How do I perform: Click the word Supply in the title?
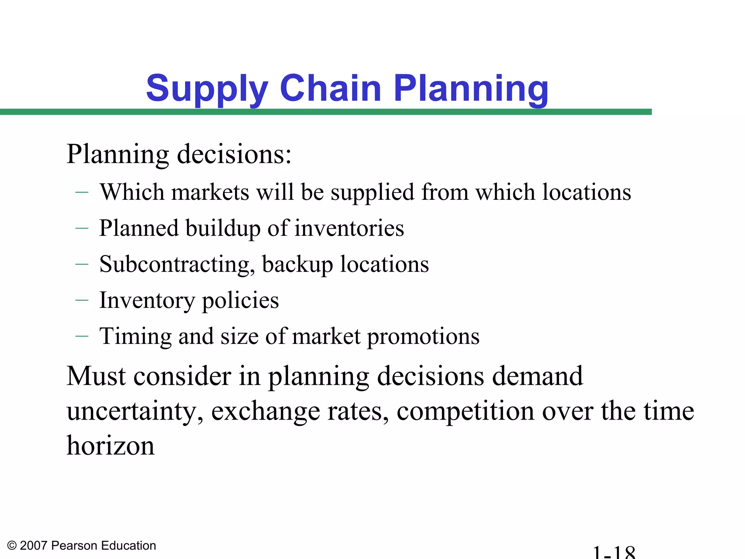pyautogui.click(x=207, y=89)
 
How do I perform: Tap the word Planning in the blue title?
pyautogui.click(x=471, y=89)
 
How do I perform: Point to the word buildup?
pyautogui.click(x=223, y=229)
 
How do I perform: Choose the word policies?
pyautogui.click(x=240, y=301)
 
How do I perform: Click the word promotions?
pyautogui.click(x=423, y=337)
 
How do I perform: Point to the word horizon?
pyautogui.click(x=111, y=445)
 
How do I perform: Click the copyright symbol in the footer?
pyautogui.click(x=12, y=546)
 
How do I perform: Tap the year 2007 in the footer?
pyautogui.click(x=33, y=546)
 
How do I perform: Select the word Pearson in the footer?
pyautogui.click(x=75, y=546)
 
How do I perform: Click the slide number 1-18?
pyautogui.click(x=614, y=552)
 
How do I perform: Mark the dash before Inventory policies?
pyautogui.click(x=82, y=300)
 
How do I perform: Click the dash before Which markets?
pyautogui.click(x=82, y=192)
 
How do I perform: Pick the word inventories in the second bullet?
pyautogui.click(x=349, y=229)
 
